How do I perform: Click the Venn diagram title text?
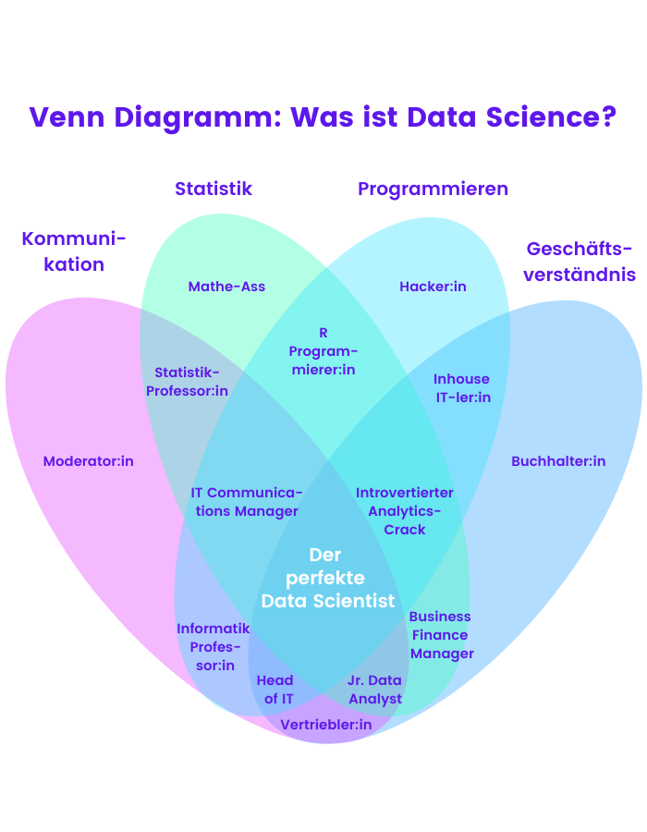coord(323,117)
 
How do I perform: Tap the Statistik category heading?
coord(214,189)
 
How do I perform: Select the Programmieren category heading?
coord(433,189)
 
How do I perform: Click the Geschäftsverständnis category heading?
coord(580,262)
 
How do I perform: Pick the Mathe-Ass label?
coord(226,287)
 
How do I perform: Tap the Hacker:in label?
coord(433,287)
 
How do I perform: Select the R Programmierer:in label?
coord(323,351)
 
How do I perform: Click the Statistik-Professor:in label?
coord(188,382)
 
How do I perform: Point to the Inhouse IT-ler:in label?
coord(461,388)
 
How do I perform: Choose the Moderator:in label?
coord(89,461)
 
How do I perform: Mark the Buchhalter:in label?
coord(558,461)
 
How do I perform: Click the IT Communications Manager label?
coord(247,502)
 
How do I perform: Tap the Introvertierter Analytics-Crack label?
coord(405,511)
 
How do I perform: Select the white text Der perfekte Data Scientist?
coord(325,578)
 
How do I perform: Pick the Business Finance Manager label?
coord(441,635)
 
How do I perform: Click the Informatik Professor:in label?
coord(214,647)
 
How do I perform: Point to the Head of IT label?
coord(275,690)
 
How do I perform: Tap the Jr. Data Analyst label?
coord(375,690)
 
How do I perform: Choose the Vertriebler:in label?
coord(325,725)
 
